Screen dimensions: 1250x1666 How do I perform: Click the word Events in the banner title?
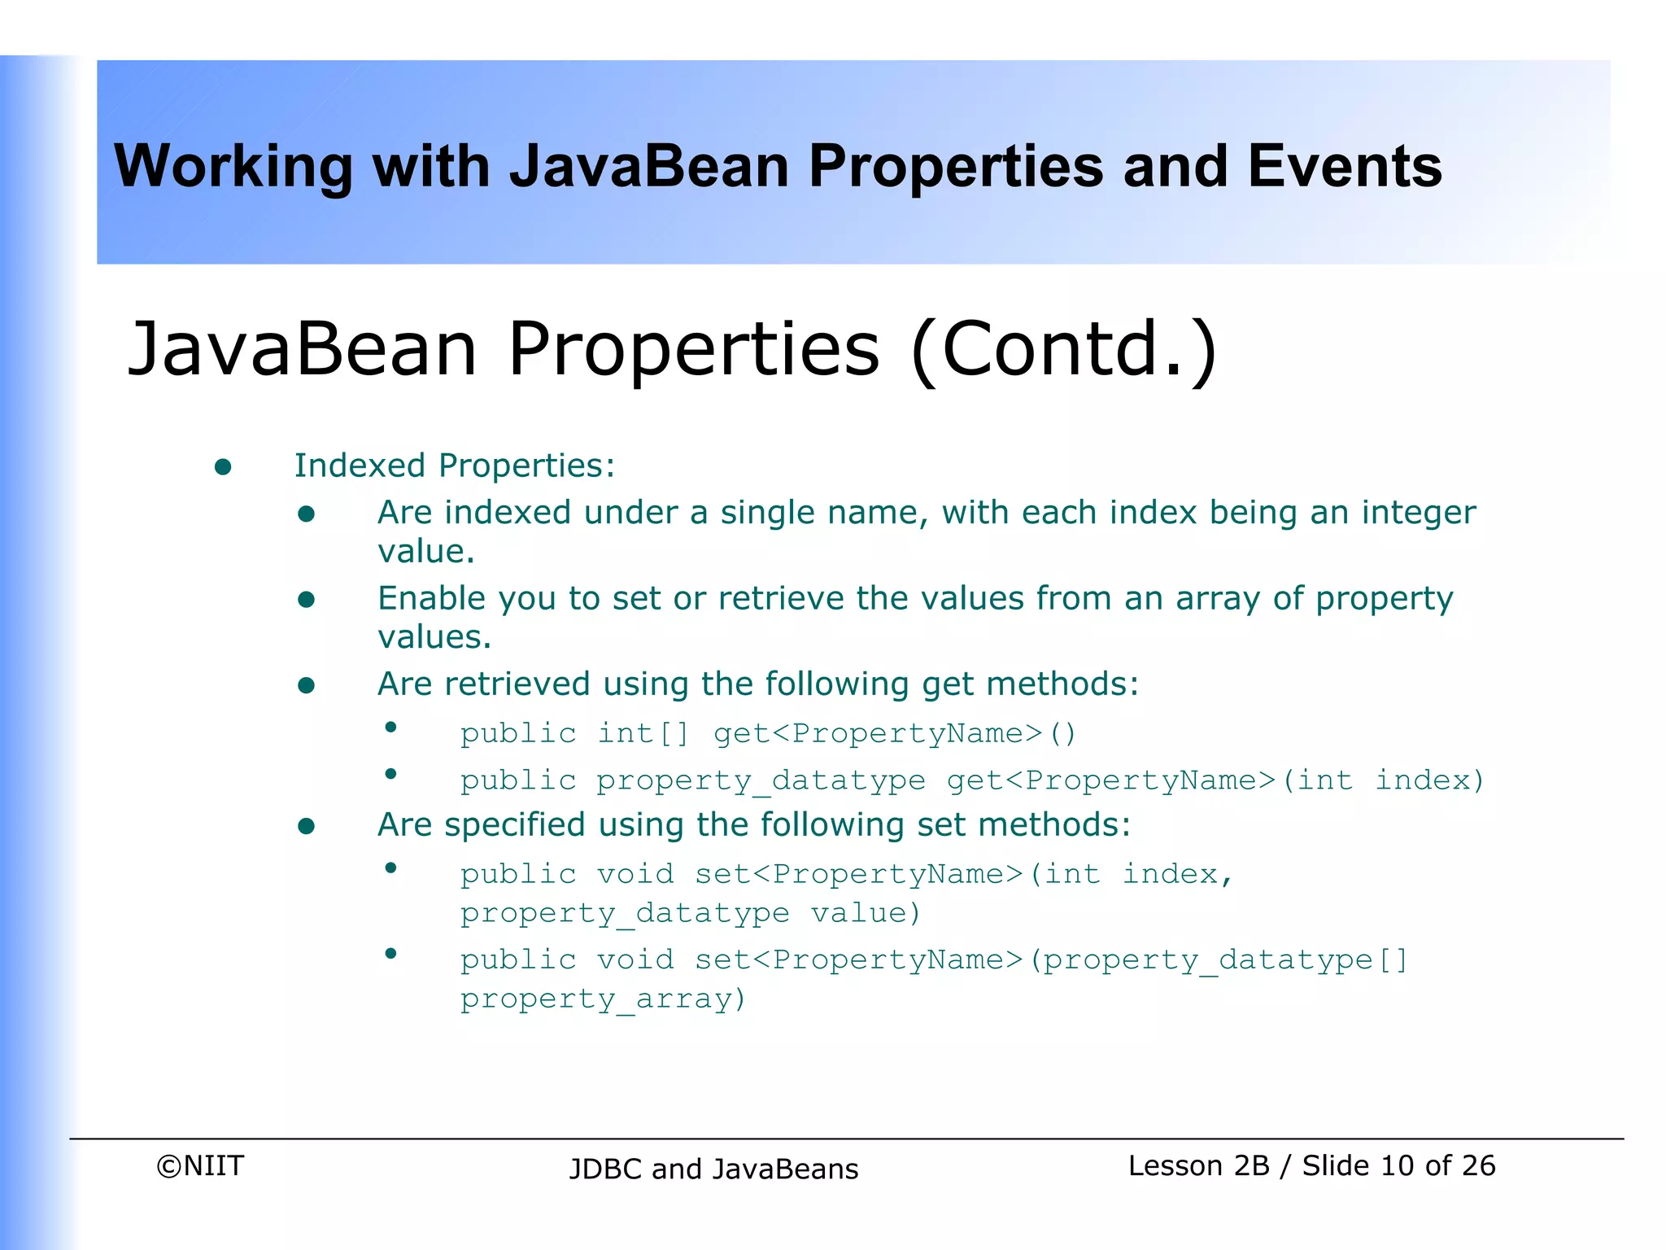1344,167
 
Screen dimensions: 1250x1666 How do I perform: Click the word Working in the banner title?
233,167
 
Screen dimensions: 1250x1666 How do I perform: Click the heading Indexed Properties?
454,466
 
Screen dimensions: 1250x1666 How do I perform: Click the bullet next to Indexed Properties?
223,467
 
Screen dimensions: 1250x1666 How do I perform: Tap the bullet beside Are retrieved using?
306,686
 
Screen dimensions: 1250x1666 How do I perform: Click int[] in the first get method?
643,733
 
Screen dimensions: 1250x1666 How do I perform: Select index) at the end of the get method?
1429,780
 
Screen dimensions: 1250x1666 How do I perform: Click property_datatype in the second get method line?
761,781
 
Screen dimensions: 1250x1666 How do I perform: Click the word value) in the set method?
866,913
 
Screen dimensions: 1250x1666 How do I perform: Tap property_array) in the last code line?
603,999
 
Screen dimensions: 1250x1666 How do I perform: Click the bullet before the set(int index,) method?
390,868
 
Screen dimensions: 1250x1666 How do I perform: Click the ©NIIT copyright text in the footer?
200,1166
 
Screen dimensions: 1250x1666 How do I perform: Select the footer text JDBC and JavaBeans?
713,1169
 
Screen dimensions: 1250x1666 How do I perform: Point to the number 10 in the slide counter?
1397,1166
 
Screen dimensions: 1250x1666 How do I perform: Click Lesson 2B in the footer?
1198,1166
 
